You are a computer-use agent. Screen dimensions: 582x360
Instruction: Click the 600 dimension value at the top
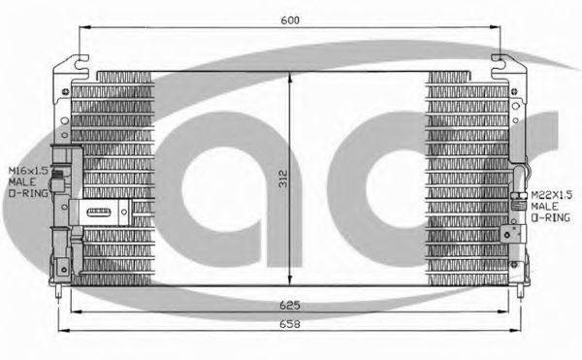pyautogui.click(x=290, y=20)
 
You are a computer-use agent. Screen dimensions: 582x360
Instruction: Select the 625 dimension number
pyautogui.click(x=290, y=305)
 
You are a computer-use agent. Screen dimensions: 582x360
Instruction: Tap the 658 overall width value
pyautogui.click(x=290, y=324)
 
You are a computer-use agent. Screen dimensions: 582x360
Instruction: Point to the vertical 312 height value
pyautogui.click(x=283, y=179)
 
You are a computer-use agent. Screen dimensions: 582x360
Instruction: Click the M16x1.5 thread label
pyautogui.click(x=28, y=171)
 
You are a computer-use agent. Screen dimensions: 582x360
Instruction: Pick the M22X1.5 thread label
pyautogui.click(x=552, y=195)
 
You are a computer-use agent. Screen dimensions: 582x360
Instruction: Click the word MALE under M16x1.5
pyautogui.click(x=22, y=181)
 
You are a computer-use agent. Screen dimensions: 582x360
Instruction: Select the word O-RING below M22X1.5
pyautogui.click(x=550, y=217)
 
